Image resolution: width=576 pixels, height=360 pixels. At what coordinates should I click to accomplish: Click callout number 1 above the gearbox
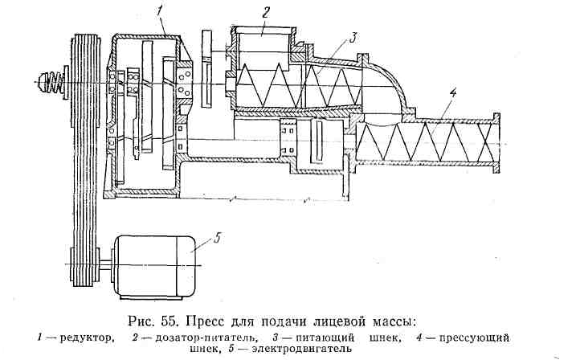[161, 10]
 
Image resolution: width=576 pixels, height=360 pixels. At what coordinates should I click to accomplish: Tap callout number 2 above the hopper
[264, 11]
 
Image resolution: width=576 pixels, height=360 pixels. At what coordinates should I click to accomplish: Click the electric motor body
[153, 264]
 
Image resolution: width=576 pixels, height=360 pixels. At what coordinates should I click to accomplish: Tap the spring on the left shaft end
[47, 81]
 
